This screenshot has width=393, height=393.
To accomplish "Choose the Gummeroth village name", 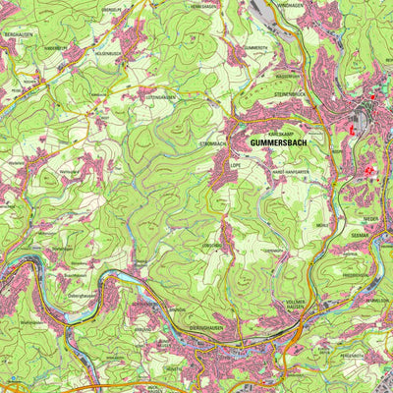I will pyautogui.click(x=256, y=47).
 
